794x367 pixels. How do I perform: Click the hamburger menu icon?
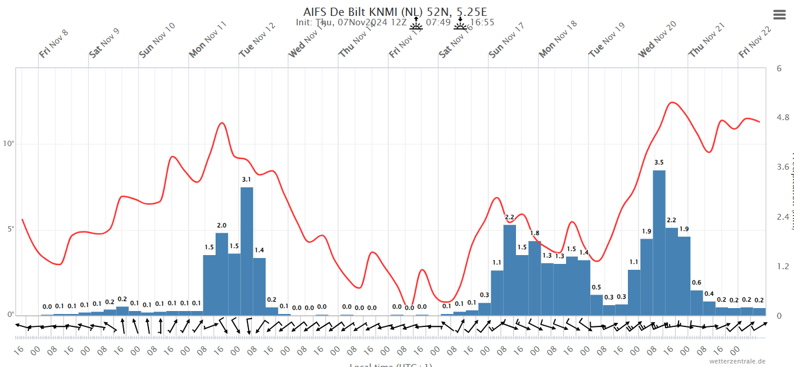tap(779, 15)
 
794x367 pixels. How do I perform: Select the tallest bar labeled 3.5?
tap(659, 242)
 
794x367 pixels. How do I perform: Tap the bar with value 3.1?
tap(247, 251)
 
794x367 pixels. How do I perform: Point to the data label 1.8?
tap(534, 233)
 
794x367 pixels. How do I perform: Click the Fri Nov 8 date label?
tap(54, 43)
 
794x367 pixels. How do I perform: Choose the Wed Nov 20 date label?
tap(657, 39)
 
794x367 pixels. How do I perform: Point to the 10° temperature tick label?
tap(9, 144)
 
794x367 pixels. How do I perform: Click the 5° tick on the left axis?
tap(10, 229)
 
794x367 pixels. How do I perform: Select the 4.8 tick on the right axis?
tap(783, 118)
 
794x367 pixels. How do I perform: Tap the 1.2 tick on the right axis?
tap(783, 266)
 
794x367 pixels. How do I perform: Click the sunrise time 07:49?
tap(438, 23)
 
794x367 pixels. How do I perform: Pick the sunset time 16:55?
tap(482, 23)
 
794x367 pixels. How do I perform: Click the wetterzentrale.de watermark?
tap(737, 361)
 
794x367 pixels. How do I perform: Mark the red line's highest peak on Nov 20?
tap(673, 103)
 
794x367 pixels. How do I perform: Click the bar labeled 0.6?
tap(697, 303)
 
